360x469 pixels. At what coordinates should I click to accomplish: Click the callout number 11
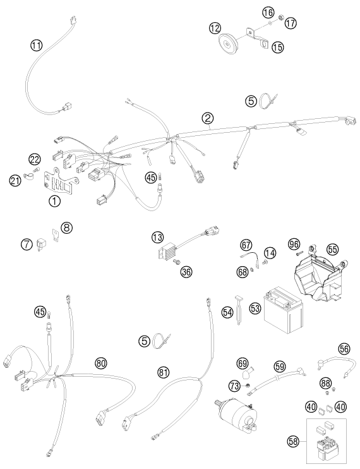tap(37, 45)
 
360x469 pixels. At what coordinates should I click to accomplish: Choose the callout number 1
tap(55, 202)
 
